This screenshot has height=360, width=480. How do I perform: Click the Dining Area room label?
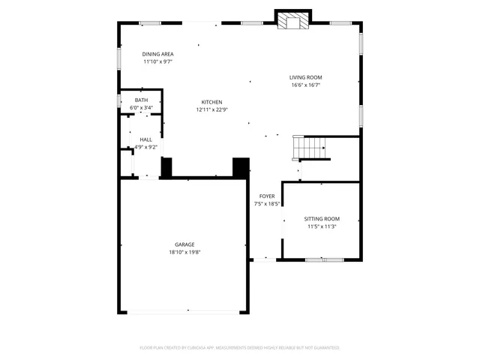coord(158,54)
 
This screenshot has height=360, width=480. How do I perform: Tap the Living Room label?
coord(306,77)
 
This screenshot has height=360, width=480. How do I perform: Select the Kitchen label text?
coord(211,102)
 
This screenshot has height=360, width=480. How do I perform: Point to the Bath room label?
coord(141,100)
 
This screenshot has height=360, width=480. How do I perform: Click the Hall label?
coord(145,139)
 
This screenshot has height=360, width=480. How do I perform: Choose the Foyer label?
coord(267,196)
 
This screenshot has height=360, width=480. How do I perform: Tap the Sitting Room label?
coord(321,218)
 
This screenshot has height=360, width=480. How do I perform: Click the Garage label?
coord(184,244)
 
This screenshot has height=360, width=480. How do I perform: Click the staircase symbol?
coord(309,148)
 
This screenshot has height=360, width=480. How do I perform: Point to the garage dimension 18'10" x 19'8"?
coord(184,252)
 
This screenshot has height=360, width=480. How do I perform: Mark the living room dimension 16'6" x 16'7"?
coord(306,85)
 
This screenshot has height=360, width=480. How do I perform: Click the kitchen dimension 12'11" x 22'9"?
coord(211,109)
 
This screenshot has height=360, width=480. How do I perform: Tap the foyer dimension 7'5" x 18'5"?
coord(267,203)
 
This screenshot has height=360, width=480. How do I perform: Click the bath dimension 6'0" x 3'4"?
coord(141,108)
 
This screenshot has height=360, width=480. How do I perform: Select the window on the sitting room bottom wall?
coord(324,259)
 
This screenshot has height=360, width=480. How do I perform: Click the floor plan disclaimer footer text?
coord(240,347)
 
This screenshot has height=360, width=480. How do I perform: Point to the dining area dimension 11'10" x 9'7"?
coord(158,61)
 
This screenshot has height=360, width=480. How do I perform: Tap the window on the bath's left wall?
coord(119,100)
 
